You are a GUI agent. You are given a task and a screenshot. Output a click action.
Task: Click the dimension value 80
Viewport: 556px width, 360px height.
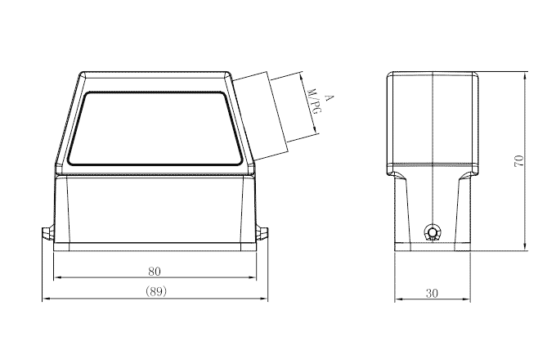click(x=155, y=271)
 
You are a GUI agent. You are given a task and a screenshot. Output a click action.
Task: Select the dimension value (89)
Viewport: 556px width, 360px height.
click(x=155, y=291)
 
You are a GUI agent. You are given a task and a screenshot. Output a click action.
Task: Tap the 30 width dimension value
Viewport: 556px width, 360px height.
click(x=433, y=291)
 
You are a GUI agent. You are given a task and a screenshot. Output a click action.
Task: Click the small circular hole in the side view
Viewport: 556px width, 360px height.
click(x=433, y=234)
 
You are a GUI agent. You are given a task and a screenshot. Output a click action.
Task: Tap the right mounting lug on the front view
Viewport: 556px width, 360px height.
click(x=263, y=234)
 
